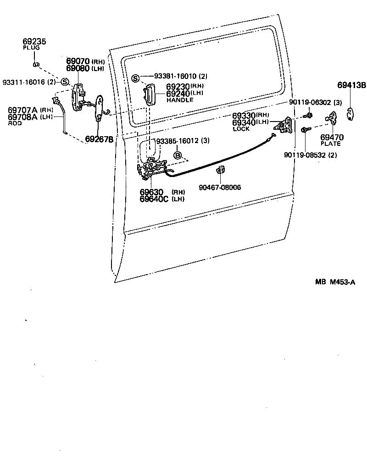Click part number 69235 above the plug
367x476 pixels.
tap(34, 41)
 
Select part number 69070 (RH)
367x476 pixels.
tap(78, 61)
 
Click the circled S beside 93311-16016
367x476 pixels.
tap(65, 82)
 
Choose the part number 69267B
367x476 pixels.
tap(99, 139)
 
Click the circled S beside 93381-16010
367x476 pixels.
tap(136, 77)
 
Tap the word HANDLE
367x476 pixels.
tap(180, 100)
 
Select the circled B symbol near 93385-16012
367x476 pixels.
tap(178, 156)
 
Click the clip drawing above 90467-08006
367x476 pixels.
tap(220, 171)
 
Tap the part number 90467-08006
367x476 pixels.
tap(220, 187)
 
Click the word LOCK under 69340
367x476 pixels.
tap(241, 129)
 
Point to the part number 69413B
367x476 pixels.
tap(352, 85)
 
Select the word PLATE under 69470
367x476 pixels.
tap(331, 144)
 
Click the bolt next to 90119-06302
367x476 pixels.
tap(310, 115)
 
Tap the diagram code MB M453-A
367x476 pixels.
tap(334, 282)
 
